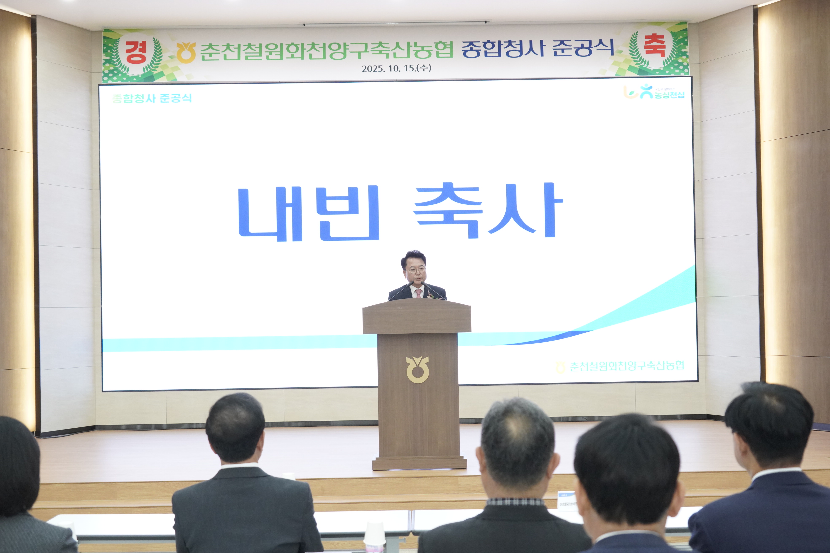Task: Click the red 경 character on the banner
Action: pos(136,52)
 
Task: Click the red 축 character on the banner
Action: pos(655,46)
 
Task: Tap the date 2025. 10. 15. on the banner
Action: pos(396,68)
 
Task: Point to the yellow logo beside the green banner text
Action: pos(186,52)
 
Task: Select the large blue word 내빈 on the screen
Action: pos(309,213)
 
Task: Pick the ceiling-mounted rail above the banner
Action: pos(394,23)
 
